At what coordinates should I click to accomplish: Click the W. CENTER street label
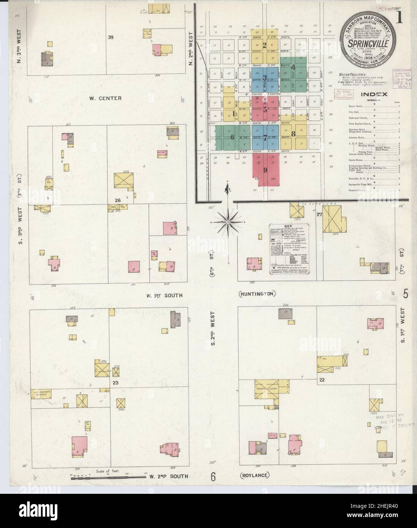(106, 98)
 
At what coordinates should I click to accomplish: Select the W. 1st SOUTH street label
(164, 295)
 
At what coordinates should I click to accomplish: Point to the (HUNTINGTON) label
(257, 294)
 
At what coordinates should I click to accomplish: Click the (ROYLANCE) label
(254, 475)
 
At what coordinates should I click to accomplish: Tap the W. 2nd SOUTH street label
(168, 476)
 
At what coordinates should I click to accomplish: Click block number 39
(111, 38)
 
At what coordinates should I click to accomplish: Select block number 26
(118, 200)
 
